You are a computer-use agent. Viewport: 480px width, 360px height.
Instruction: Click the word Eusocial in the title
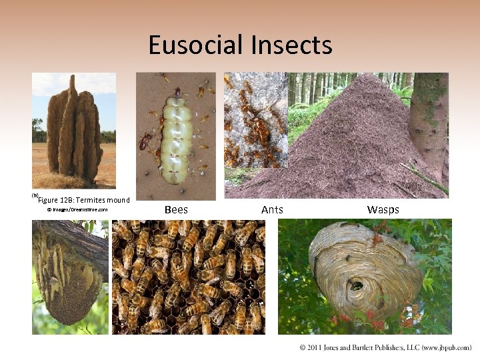coord(196,45)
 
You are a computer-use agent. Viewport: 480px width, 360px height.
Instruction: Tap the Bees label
coord(176,209)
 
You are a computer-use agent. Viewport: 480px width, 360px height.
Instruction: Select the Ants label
coord(272,209)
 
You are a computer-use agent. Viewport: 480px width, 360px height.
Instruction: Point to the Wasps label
coord(383,209)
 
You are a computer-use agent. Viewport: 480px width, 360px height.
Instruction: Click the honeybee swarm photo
coord(188,277)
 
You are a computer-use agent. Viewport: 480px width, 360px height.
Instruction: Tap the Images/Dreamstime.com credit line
coord(77,210)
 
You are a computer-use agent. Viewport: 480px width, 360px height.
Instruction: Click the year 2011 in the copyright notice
coord(316,348)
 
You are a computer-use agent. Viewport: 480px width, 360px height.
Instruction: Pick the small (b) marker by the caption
coord(35,195)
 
